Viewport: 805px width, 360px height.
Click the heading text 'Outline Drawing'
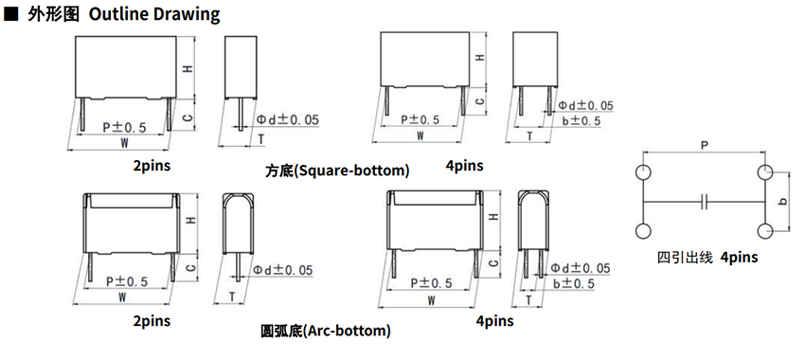point(154,14)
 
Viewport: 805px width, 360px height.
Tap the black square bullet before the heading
point(9,14)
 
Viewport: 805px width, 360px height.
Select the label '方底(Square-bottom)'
point(337,171)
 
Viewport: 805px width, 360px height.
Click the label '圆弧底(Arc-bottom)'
point(326,331)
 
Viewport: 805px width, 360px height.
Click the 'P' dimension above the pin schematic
point(705,145)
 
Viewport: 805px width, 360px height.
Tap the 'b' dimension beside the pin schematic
point(782,202)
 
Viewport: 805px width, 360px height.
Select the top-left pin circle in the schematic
point(643,172)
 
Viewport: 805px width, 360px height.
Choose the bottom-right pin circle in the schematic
point(765,231)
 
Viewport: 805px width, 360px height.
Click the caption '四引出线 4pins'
point(707,257)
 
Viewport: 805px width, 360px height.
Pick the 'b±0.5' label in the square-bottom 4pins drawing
point(581,121)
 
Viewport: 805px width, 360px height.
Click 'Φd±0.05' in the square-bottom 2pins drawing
point(288,119)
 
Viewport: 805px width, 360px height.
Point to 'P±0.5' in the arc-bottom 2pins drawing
point(127,281)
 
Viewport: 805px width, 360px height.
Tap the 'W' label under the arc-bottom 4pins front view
point(431,300)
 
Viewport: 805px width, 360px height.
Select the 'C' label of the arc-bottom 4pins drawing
point(493,263)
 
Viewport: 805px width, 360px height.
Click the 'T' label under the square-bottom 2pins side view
point(261,138)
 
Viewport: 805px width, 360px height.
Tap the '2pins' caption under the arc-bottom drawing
point(152,321)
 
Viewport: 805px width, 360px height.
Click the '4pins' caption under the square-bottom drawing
point(465,166)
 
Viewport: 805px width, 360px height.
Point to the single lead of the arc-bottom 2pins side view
point(238,267)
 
